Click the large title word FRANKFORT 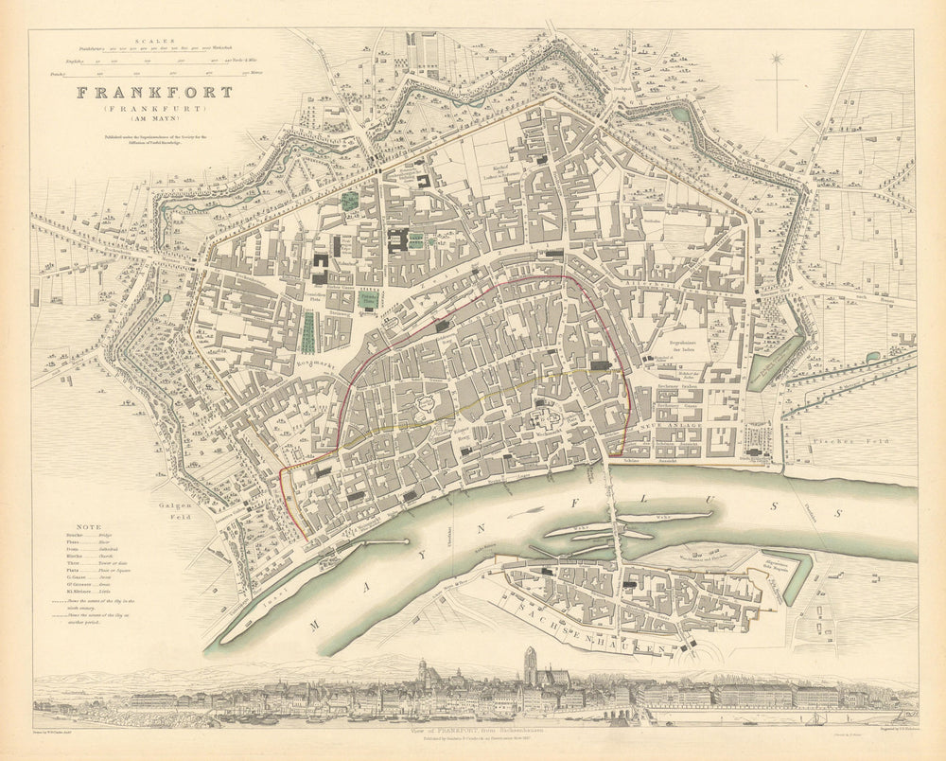tap(154, 93)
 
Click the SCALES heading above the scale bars tap(152, 40)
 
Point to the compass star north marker tap(778, 61)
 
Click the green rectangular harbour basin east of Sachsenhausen tap(794, 576)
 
